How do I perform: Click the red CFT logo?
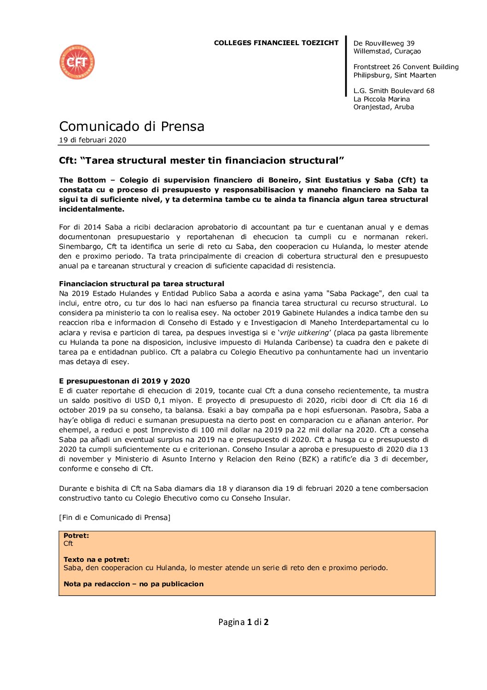pos(77,62)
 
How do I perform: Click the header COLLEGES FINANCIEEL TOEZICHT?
pos(276,43)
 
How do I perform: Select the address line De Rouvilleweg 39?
pos(383,43)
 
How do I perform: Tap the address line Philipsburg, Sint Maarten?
pos(394,75)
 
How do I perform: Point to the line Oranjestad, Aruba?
pos(383,107)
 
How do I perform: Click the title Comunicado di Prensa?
pos(132,126)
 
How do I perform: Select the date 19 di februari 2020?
pos(93,140)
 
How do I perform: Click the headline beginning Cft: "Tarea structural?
pos(201,160)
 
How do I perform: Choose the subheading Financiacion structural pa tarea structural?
pos(141,284)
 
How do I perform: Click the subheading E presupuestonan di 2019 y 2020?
pos(124,381)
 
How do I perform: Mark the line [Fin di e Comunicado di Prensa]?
pos(115,518)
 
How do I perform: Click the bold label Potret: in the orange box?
pos(76,536)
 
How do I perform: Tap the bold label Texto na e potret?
pos(97,560)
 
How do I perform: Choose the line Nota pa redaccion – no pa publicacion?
pos(133,584)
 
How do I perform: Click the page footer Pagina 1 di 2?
pos(243,622)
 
